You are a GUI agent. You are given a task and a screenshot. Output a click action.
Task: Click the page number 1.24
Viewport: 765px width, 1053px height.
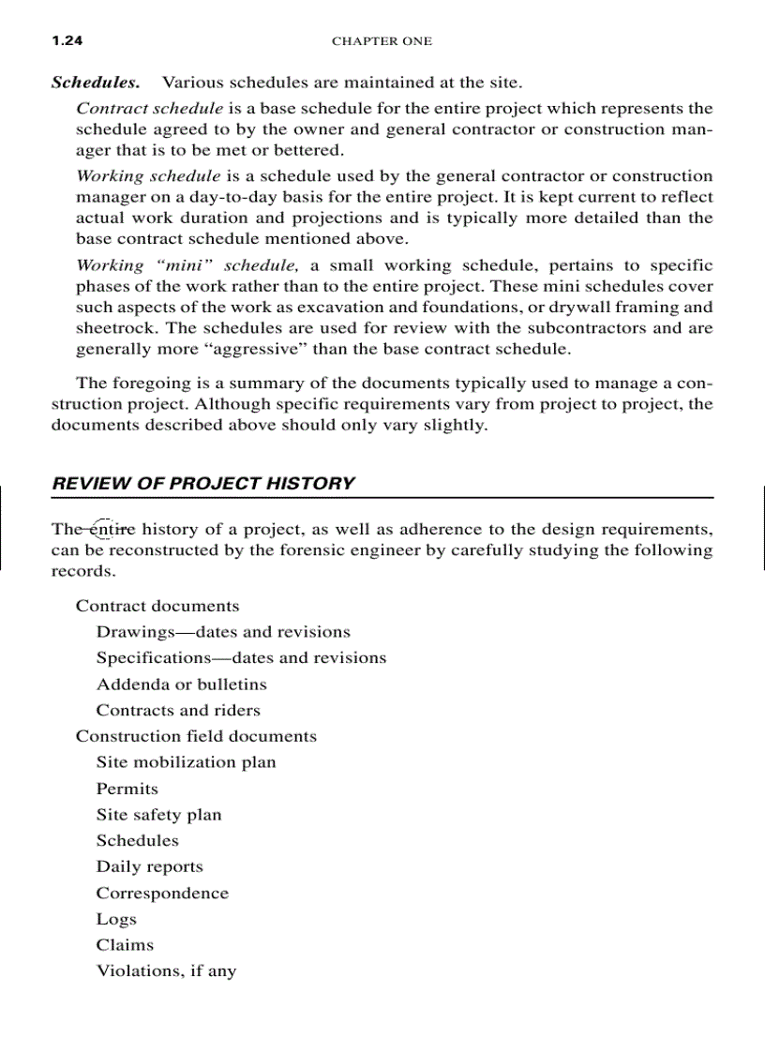(x=67, y=40)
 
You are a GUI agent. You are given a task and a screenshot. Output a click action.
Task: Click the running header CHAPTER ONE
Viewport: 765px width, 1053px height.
(x=382, y=41)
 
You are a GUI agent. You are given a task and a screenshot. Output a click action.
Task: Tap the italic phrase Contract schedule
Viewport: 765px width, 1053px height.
(x=149, y=109)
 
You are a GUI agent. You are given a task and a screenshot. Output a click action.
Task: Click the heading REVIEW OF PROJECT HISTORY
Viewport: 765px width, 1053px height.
(x=203, y=484)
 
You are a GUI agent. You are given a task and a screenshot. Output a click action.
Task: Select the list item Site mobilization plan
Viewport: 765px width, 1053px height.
(x=186, y=762)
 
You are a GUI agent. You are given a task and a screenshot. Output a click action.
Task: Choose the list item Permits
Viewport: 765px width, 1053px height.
(x=127, y=789)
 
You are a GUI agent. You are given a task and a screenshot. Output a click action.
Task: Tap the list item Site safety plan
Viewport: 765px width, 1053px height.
(x=158, y=815)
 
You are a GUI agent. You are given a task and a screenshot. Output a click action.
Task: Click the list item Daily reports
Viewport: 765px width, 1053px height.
(x=149, y=866)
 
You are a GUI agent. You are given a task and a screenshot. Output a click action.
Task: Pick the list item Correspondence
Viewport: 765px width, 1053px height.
(x=162, y=893)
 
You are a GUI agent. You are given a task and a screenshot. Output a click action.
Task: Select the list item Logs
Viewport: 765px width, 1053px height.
(x=116, y=919)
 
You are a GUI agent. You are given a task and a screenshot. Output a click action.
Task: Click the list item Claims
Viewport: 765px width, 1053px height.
(x=125, y=945)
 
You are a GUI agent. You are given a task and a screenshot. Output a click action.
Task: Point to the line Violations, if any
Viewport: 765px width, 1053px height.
(x=166, y=971)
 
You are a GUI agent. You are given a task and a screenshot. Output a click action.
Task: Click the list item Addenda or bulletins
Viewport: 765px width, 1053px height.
(x=181, y=684)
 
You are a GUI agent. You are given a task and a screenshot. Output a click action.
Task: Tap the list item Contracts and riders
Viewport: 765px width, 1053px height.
(x=178, y=710)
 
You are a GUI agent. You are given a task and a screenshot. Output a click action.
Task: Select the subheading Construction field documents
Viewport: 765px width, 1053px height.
(x=196, y=736)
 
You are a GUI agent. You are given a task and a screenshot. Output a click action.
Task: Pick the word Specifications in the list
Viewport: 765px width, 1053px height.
(x=153, y=657)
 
